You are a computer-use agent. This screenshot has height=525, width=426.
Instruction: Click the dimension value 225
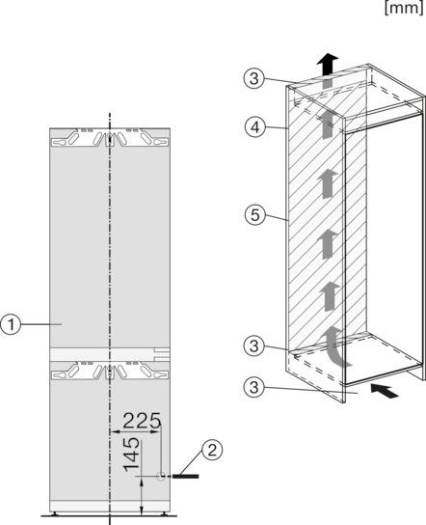pyautogui.click(x=141, y=422)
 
